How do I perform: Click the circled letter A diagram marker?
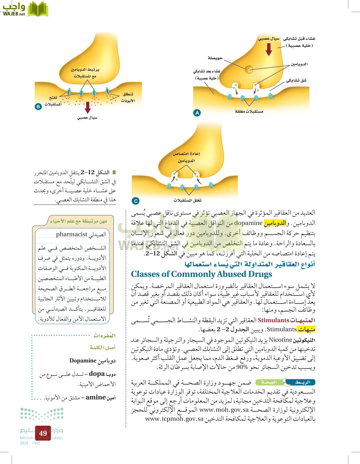tap(197, 113)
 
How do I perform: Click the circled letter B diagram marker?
tap(38, 106)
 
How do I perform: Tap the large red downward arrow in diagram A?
tap(269, 49)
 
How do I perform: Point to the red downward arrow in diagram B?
tap(88, 107)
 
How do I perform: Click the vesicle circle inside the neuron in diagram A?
tap(249, 69)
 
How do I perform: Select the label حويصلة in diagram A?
tap(215, 58)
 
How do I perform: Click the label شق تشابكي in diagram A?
tap(296, 80)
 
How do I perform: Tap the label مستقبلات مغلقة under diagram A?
tap(249, 111)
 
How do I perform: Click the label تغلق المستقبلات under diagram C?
tap(187, 200)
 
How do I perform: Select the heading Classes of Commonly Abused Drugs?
tap(201, 274)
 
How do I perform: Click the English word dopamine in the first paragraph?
tap(248, 223)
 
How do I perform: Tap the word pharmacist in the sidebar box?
tap(72, 234)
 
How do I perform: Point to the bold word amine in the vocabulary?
tap(96, 397)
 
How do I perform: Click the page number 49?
tap(43, 433)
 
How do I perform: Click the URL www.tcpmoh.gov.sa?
tap(174, 419)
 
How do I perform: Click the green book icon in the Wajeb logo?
tap(38, 10)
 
